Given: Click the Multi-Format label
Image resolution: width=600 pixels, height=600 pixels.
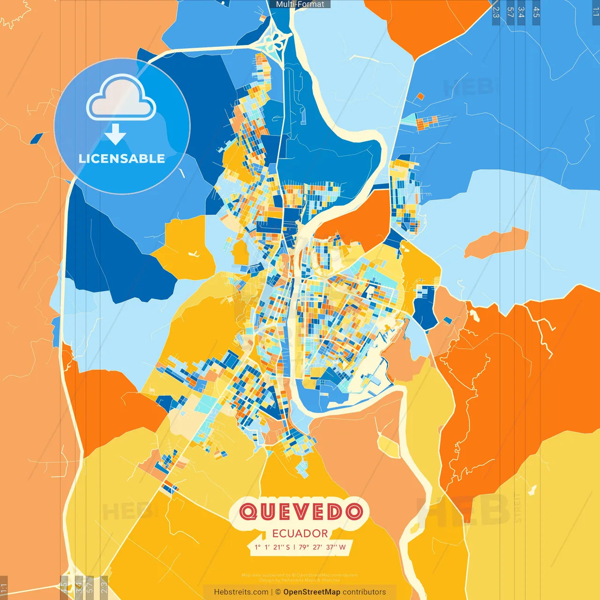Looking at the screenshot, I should click(300, 4).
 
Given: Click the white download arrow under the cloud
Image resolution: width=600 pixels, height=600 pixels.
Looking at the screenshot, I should click(115, 134).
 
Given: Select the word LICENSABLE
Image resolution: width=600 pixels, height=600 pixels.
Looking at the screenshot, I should click(122, 158).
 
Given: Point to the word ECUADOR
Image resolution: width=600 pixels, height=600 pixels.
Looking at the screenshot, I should click(300, 533).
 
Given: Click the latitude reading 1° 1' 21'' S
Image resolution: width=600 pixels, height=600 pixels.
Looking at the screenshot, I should click(272, 547).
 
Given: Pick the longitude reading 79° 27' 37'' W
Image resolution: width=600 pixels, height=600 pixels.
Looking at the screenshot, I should click(322, 547).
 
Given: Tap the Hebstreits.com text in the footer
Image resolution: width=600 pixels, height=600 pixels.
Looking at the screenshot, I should click(241, 592).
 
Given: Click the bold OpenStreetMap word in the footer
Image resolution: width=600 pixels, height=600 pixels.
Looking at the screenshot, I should click(311, 592).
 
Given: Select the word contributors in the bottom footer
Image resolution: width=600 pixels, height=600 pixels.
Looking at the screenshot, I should click(364, 592).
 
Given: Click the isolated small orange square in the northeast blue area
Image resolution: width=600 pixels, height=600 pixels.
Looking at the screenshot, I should click(420, 97).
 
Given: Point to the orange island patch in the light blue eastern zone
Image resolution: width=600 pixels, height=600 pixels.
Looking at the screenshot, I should click(497, 243).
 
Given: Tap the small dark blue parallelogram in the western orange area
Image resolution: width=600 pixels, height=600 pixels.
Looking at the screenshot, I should click(37, 138).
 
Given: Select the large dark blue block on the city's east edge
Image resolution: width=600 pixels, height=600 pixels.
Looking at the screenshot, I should click(425, 307).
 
